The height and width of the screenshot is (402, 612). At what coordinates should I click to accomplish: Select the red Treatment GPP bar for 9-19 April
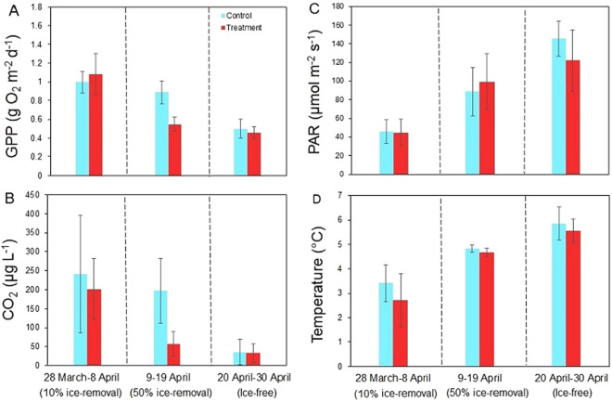(x=168, y=149)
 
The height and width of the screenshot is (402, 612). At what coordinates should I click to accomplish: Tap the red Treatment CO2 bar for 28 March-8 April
(x=96, y=326)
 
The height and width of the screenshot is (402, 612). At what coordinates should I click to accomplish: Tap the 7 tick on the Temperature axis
(x=351, y=195)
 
